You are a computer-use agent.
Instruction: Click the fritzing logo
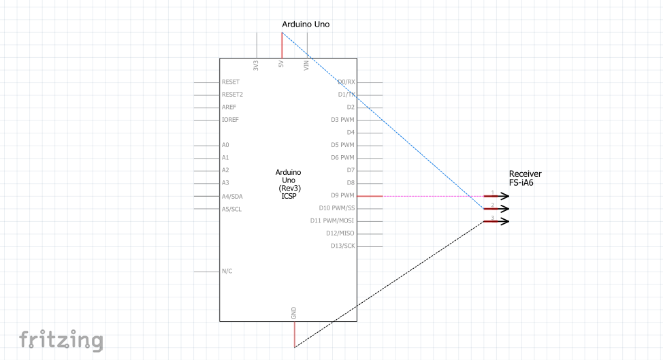pyautogui.click(x=61, y=340)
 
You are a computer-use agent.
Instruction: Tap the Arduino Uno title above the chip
pyautogui.click(x=306, y=24)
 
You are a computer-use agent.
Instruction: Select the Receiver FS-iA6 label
pyautogui.click(x=525, y=178)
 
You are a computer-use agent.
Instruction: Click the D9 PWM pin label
pyautogui.click(x=342, y=195)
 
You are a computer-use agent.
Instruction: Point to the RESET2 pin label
pyautogui.click(x=233, y=95)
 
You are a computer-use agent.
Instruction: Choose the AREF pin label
pyautogui.click(x=229, y=108)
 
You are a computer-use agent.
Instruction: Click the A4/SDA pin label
pyautogui.click(x=232, y=197)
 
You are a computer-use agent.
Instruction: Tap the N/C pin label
pyautogui.click(x=227, y=272)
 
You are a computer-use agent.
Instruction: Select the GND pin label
pyautogui.click(x=294, y=313)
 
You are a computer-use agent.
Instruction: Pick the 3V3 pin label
pyautogui.click(x=256, y=65)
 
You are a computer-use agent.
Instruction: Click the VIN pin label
pyautogui.click(x=306, y=65)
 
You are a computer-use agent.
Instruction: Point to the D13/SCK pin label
pyautogui.click(x=343, y=246)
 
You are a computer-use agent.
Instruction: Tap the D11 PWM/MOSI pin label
pyautogui.click(x=332, y=220)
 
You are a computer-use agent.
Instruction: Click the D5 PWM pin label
pyautogui.click(x=342, y=145)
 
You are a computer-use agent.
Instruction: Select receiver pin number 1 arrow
pyautogui.click(x=496, y=196)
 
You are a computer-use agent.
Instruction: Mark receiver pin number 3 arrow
pyautogui.click(x=496, y=221)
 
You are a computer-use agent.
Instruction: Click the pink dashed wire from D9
pyautogui.click(x=434, y=196)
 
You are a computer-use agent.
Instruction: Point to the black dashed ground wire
pyautogui.click(x=389, y=284)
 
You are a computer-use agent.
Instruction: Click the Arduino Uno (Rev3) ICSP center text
pyautogui.click(x=289, y=184)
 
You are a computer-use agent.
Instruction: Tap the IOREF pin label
pyautogui.click(x=231, y=120)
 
